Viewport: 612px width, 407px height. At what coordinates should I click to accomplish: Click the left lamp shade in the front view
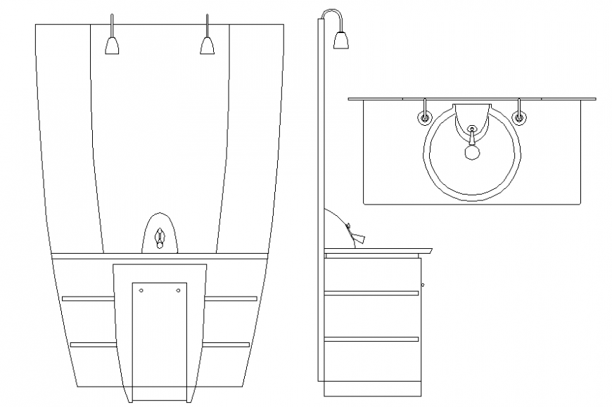(112, 46)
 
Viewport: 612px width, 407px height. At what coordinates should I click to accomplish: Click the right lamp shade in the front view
(207, 46)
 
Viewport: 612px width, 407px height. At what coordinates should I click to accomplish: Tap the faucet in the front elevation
(160, 238)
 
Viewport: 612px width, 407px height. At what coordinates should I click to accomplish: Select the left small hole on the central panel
(141, 290)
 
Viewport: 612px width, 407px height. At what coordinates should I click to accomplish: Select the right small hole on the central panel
(177, 290)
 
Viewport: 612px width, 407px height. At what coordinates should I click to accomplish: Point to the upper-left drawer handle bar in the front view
(89, 299)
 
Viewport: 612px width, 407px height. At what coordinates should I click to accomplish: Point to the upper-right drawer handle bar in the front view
(231, 299)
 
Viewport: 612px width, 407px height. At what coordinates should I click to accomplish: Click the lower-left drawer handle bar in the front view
(94, 344)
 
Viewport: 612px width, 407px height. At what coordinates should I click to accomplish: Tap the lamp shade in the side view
(341, 41)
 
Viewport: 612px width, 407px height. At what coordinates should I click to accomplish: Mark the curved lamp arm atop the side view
(332, 13)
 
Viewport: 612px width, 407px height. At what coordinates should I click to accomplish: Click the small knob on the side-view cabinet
(422, 285)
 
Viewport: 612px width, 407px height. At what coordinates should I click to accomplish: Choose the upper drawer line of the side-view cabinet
(371, 293)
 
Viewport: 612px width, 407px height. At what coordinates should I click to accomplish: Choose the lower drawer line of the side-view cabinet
(371, 340)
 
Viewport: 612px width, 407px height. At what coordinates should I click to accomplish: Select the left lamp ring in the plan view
(425, 118)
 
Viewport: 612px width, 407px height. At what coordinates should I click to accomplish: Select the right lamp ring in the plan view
(519, 118)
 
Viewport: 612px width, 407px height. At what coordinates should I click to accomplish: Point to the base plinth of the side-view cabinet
(371, 389)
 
